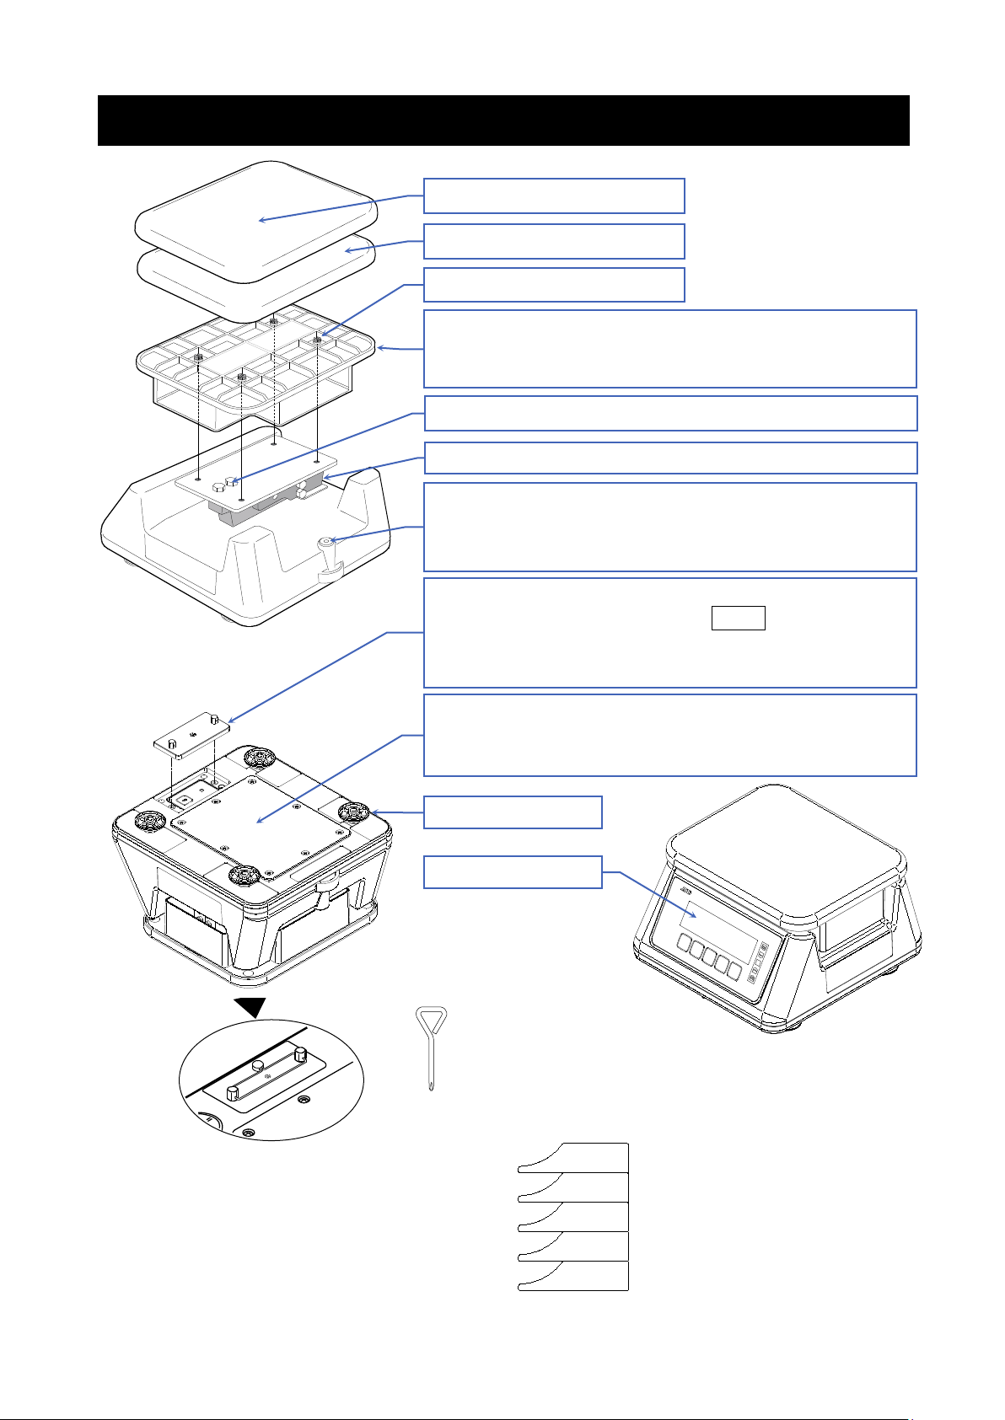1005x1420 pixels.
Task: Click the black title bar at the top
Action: pos(503,120)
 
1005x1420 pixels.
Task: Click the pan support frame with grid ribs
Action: pos(253,371)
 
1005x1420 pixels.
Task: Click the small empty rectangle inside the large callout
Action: pos(739,618)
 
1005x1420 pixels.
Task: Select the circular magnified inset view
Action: pos(271,1080)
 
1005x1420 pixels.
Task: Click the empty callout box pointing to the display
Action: pos(512,871)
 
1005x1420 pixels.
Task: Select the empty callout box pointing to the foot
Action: pos(512,812)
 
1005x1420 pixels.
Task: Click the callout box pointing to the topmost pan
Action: pos(553,196)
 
